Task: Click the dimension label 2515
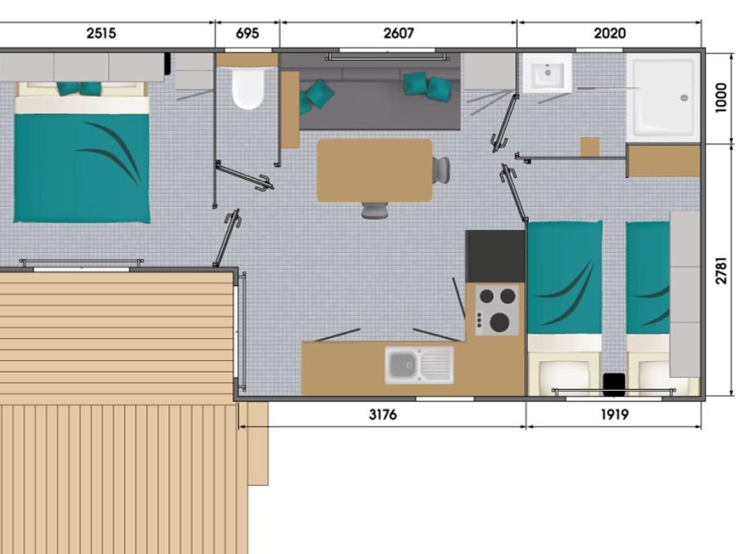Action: pos(101,34)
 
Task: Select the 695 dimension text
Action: pos(247,34)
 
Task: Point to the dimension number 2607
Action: pos(399,34)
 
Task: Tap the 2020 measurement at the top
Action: pos(609,34)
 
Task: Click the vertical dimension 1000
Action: pos(721,98)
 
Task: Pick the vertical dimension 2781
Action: pos(721,270)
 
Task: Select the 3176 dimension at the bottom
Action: pos(383,414)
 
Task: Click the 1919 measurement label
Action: pos(614,414)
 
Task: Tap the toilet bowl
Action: pos(248,88)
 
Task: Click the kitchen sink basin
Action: pos(403,365)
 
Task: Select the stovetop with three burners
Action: pos(497,310)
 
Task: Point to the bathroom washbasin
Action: pos(548,73)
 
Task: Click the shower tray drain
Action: pos(685,98)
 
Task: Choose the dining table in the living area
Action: pos(375,170)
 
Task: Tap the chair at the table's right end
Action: pos(441,170)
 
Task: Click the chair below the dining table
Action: pos(375,209)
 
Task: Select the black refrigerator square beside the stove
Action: pos(495,256)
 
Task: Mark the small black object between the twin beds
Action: pos(614,384)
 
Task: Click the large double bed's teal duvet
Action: pos(82,168)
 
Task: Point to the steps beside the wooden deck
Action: pos(257,443)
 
